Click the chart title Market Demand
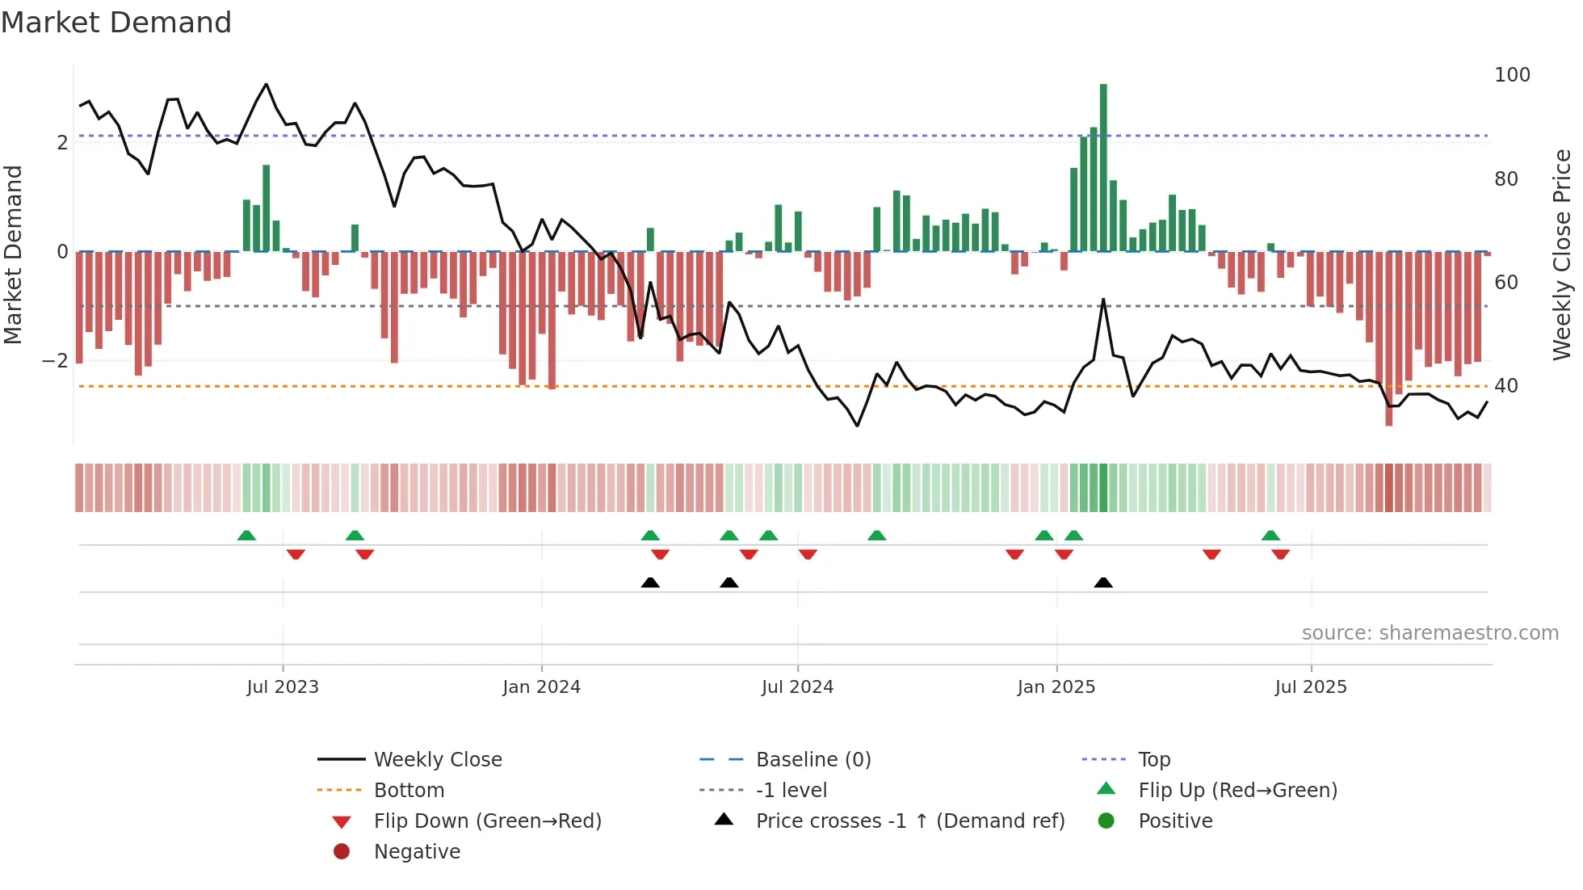116,23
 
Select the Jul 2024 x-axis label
797,687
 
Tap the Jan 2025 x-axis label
1056,687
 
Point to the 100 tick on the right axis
1512,75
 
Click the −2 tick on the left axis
56,361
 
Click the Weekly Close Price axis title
1562,254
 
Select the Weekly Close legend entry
437,760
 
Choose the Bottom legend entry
409,791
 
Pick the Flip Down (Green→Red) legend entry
487,821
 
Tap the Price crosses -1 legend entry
909,821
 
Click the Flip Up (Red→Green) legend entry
1237,791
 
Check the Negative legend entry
417,852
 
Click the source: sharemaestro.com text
1430,633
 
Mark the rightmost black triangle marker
1103,582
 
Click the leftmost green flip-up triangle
246,535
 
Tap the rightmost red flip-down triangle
1280,554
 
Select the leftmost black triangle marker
650,582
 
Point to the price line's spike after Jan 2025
1103,300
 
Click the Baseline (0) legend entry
812,760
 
